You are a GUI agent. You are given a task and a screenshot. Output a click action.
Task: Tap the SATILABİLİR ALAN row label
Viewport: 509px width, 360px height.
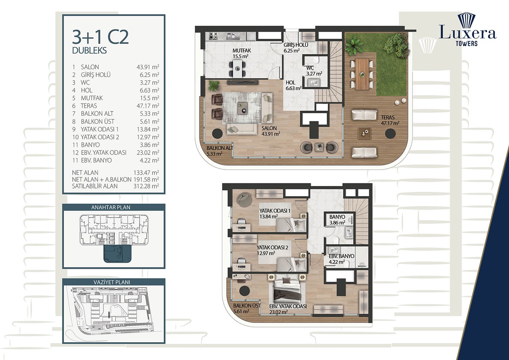click(x=95, y=187)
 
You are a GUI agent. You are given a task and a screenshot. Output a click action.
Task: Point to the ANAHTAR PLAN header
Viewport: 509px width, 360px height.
click(x=113, y=207)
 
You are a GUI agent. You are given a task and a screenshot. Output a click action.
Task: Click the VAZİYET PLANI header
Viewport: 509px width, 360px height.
click(x=113, y=282)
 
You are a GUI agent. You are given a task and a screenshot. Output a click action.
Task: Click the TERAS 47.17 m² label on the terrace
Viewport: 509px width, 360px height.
click(x=390, y=120)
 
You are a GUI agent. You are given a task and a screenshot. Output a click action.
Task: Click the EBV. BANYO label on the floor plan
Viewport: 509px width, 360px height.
click(x=342, y=259)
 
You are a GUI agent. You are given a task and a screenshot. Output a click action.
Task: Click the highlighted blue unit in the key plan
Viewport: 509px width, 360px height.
click(x=117, y=254)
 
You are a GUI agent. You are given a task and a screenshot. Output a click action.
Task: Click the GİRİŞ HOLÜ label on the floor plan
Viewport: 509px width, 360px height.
click(x=295, y=48)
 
